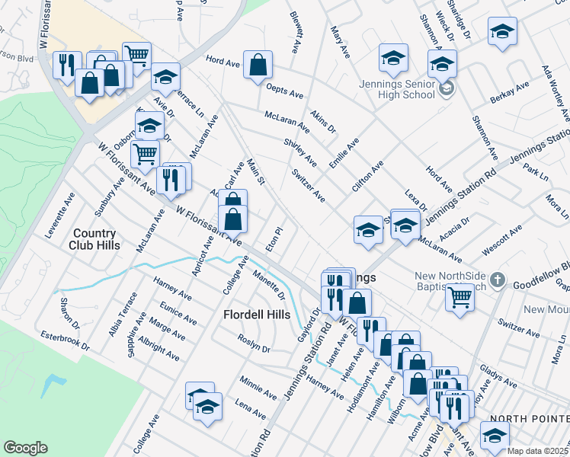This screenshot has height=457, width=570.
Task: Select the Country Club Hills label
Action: [95, 239]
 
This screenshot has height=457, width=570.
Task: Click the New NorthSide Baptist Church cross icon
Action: [497, 280]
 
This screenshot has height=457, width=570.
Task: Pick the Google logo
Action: [25, 447]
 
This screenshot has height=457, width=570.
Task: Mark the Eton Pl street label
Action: [274, 238]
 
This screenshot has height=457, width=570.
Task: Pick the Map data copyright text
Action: [538, 451]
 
